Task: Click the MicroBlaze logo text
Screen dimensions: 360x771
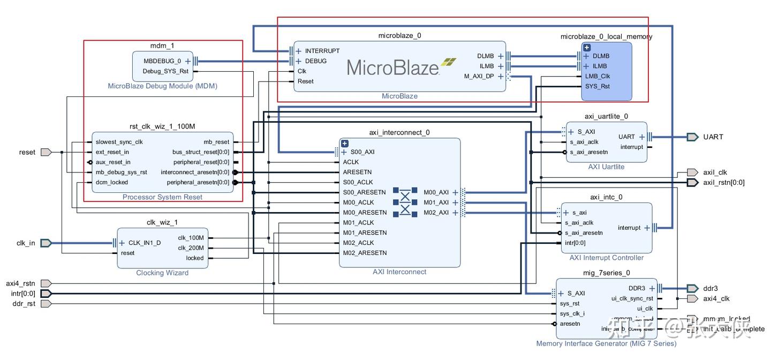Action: click(x=393, y=67)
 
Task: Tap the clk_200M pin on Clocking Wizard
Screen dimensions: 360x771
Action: click(x=191, y=248)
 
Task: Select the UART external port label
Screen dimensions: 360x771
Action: click(x=713, y=137)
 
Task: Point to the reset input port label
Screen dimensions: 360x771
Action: click(x=27, y=152)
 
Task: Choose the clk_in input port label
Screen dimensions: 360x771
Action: click(x=26, y=243)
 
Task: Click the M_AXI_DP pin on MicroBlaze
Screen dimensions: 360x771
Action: click(x=479, y=77)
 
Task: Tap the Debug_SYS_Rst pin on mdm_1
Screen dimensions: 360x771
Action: click(x=165, y=71)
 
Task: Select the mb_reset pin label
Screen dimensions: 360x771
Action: click(x=216, y=142)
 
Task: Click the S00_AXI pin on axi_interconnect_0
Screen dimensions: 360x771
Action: click(x=362, y=152)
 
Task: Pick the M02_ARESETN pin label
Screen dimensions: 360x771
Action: click(x=365, y=253)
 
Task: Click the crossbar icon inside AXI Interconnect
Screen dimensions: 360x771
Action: click(x=405, y=202)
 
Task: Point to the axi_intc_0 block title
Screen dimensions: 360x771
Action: click(x=606, y=197)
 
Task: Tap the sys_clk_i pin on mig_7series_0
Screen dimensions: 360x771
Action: click(x=572, y=314)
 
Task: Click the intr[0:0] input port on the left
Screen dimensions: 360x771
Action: click(x=23, y=294)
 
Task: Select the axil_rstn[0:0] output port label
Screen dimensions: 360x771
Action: click(x=723, y=183)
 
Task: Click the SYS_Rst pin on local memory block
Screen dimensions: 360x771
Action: click(x=598, y=86)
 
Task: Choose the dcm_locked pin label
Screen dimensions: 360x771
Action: click(x=112, y=182)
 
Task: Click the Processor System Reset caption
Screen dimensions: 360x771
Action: click(x=162, y=197)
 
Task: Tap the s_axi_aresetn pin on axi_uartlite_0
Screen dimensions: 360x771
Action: click(x=589, y=152)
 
